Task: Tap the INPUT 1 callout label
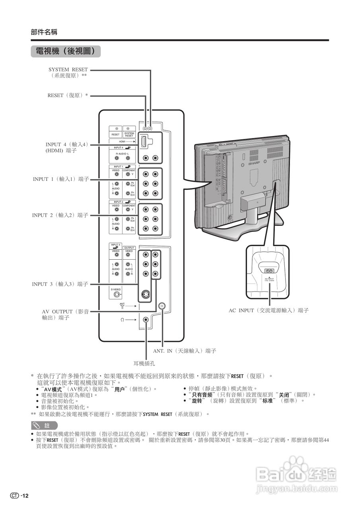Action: coord(61,179)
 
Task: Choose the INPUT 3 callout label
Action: coord(60,284)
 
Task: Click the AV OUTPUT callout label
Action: coord(65,315)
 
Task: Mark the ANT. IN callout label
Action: coord(185,352)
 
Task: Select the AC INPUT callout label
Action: coord(269,310)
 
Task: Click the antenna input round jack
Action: coord(162,306)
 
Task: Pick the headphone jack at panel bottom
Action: coord(146,319)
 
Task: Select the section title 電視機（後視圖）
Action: coord(66,51)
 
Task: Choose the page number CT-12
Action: coord(20,495)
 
